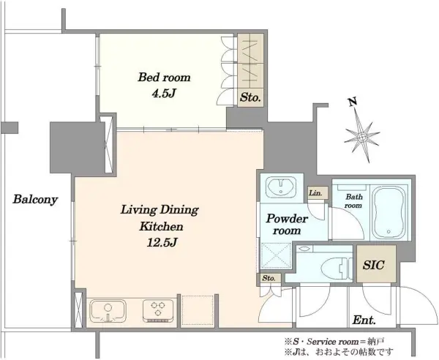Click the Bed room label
pyautogui.click(x=164, y=78)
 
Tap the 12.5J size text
pyautogui.click(x=162, y=242)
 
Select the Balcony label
pyautogui.click(x=35, y=200)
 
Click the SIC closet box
pyautogui.click(x=376, y=264)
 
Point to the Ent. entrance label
pyautogui.click(x=364, y=320)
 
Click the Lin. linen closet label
pyautogui.click(x=315, y=193)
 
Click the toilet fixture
pyautogui.click(x=337, y=269)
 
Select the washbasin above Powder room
pyautogui.click(x=281, y=187)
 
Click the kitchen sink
pyautogui.click(x=108, y=311)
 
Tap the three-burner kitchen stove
pyautogui.click(x=156, y=311)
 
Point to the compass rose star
pyautogui.click(x=362, y=137)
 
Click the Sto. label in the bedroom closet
pyautogui.click(x=250, y=98)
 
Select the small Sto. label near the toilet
pyautogui.click(x=269, y=279)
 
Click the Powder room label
pyautogui.click(x=287, y=224)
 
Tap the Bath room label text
pyautogui.click(x=353, y=201)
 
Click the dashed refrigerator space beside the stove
pyautogui.click(x=198, y=310)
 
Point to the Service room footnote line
pyautogui.click(x=334, y=342)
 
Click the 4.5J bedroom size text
pyautogui.click(x=163, y=94)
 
